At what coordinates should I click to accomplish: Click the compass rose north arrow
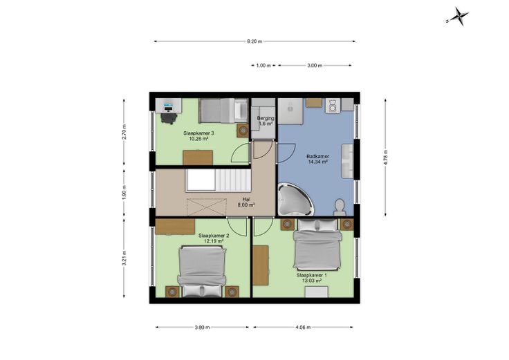tap(458, 16)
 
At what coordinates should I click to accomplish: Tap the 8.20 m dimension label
tap(254, 41)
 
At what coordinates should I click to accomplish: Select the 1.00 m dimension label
tap(263, 66)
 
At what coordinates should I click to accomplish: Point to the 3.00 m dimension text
tap(315, 66)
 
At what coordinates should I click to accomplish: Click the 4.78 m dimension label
tap(385, 158)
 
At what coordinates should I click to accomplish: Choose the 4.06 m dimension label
tap(303, 328)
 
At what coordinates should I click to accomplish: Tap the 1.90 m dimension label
tap(124, 192)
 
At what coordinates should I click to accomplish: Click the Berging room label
tap(266, 118)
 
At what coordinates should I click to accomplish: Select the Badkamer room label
tap(317, 156)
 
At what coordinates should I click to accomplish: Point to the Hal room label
tap(246, 200)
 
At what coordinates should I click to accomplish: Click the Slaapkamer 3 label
tap(198, 133)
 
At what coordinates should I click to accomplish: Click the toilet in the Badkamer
tap(340, 207)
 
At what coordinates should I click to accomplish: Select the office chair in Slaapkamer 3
tap(169, 117)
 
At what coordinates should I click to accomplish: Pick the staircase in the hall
tap(218, 180)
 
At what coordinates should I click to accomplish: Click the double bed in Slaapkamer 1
tap(317, 245)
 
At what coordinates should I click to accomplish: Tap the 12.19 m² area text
tap(213, 241)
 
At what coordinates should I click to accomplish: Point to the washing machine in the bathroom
tap(333, 106)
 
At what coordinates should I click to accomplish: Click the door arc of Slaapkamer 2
tap(235, 229)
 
